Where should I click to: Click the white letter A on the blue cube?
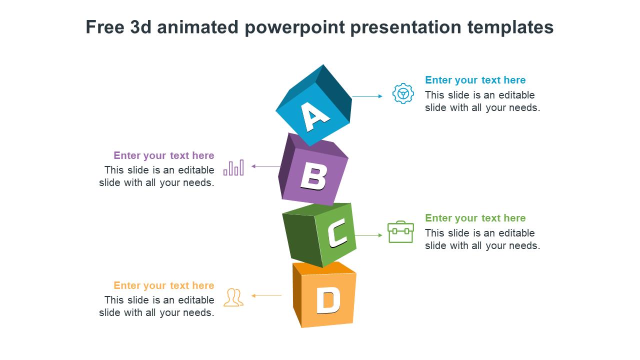(315, 117)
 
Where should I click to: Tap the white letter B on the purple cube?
(313, 177)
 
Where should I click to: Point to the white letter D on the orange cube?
(328, 300)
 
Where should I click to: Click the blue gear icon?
(403, 93)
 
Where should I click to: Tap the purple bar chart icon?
(233, 167)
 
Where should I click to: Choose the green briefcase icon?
(400, 232)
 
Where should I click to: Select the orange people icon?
(233, 297)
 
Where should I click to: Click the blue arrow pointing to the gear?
(367, 96)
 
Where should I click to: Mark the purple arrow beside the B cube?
(266, 166)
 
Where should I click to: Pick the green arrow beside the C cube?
(368, 235)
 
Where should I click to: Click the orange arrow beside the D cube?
(266, 296)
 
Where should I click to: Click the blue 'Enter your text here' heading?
(475, 80)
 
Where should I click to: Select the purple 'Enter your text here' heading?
(164, 155)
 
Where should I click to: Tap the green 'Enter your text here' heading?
(475, 218)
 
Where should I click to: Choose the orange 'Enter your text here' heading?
(164, 285)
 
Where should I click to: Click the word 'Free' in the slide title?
(105, 27)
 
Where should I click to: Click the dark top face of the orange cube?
(324, 268)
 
